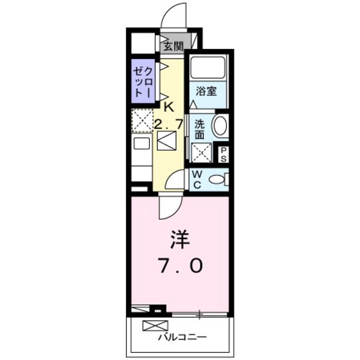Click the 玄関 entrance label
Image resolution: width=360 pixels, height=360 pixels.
[x=172, y=46]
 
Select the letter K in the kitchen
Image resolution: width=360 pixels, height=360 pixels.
[x=169, y=107]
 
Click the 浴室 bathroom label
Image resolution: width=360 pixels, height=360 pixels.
[x=206, y=91]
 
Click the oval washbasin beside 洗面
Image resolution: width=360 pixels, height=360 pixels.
[x=220, y=125]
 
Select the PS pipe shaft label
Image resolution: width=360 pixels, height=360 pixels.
[x=224, y=154]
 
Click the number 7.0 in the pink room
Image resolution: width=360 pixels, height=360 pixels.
[x=180, y=265]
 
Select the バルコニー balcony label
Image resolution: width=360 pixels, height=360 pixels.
[x=181, y=336]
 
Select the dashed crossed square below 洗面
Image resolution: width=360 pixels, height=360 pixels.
[x=202, y=151]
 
